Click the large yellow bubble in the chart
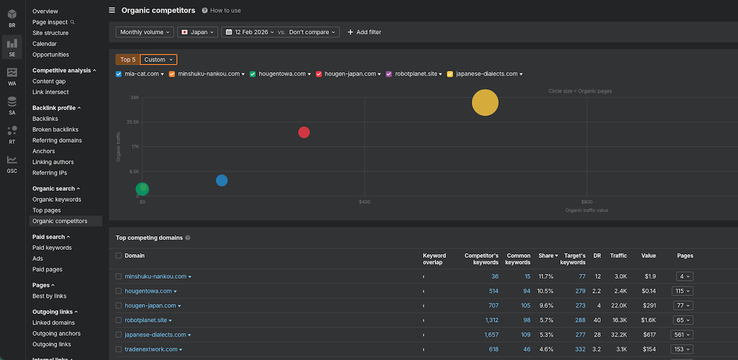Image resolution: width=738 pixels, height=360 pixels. click(x=485, y=102)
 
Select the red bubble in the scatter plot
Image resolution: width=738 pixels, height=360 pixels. click(x=304, y=132)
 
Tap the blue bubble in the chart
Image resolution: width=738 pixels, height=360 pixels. click(x=222, y=180)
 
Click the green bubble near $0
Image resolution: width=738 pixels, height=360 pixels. click(x=142, y=189)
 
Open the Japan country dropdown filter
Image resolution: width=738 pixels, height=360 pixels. click(x=197, y=32)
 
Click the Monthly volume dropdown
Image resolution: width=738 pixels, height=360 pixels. click(x=145, y=32)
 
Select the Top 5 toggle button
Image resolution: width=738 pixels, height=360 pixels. click(x=128, y=60)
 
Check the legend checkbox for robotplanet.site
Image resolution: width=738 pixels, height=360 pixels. click(x=389, y=74)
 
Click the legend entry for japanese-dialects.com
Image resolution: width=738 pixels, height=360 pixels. click(x=486, y=74)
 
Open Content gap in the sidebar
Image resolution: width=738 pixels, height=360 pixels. click(x=49, y=81)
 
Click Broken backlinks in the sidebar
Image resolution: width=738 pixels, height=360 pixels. click(x=55, y=130)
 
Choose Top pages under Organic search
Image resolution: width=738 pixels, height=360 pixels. click(x=47, y=210)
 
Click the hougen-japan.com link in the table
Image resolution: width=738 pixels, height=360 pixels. click(x=150, y=305)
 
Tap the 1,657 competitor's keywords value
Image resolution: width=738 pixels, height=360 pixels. click(x=491, y=335)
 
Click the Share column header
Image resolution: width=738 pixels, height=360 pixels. click(x=546, y=255)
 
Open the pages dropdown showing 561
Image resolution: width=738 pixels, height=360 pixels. click(x=682, y=335)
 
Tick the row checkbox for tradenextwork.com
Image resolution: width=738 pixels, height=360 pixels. click(x=119, y=350)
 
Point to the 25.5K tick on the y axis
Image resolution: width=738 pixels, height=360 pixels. click(x=133, y=122)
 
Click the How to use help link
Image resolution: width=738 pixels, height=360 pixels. click(x=221, y=10)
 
